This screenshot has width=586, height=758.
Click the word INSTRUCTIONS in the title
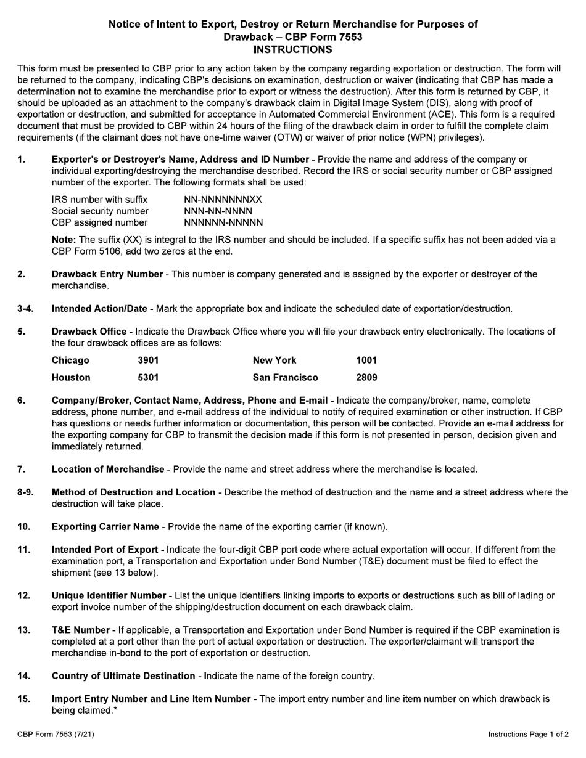click(293, 49)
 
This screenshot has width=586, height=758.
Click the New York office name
click(274, 361)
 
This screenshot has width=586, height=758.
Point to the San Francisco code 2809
click(366, 377)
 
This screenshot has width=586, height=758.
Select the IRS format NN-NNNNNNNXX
click(223, 200)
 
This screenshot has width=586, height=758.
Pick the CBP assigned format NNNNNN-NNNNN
click(223, 222)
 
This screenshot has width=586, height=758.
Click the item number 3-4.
click(26, 309)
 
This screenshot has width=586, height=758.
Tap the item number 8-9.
click(26, 492)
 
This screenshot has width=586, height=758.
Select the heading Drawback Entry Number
click(107, 274)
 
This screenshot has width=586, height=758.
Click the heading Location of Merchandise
click(108, 470)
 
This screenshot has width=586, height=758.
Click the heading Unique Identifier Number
click(109, 596)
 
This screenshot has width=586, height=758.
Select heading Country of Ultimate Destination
click(123, 676)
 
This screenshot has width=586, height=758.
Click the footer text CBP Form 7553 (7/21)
click(56, 735)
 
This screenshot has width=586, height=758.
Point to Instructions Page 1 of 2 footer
click(528, 735)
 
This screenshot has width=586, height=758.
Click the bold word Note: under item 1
click(64, 240)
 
